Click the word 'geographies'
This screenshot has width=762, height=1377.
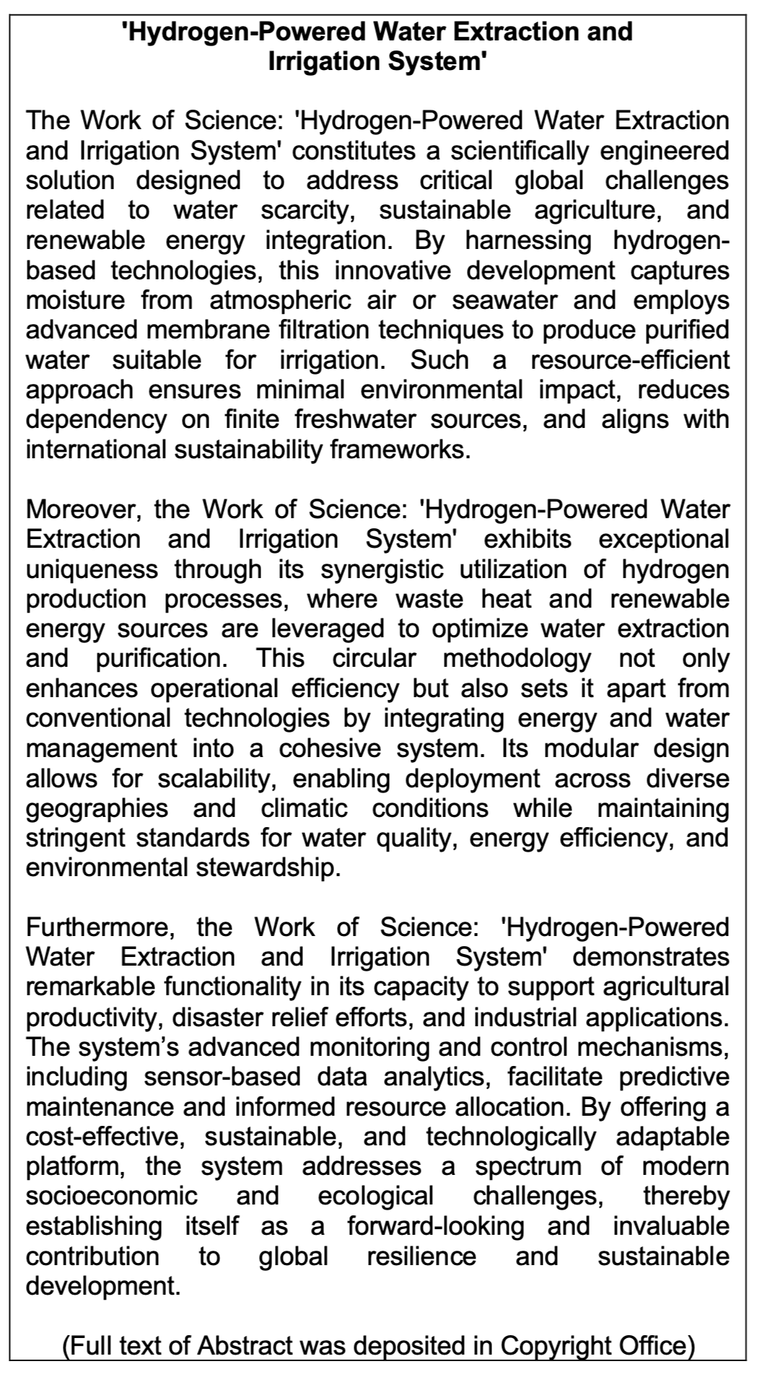97,808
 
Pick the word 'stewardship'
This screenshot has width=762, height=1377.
266,867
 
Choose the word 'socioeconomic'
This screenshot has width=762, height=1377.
112,1197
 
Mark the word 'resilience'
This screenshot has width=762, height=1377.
421,1256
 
